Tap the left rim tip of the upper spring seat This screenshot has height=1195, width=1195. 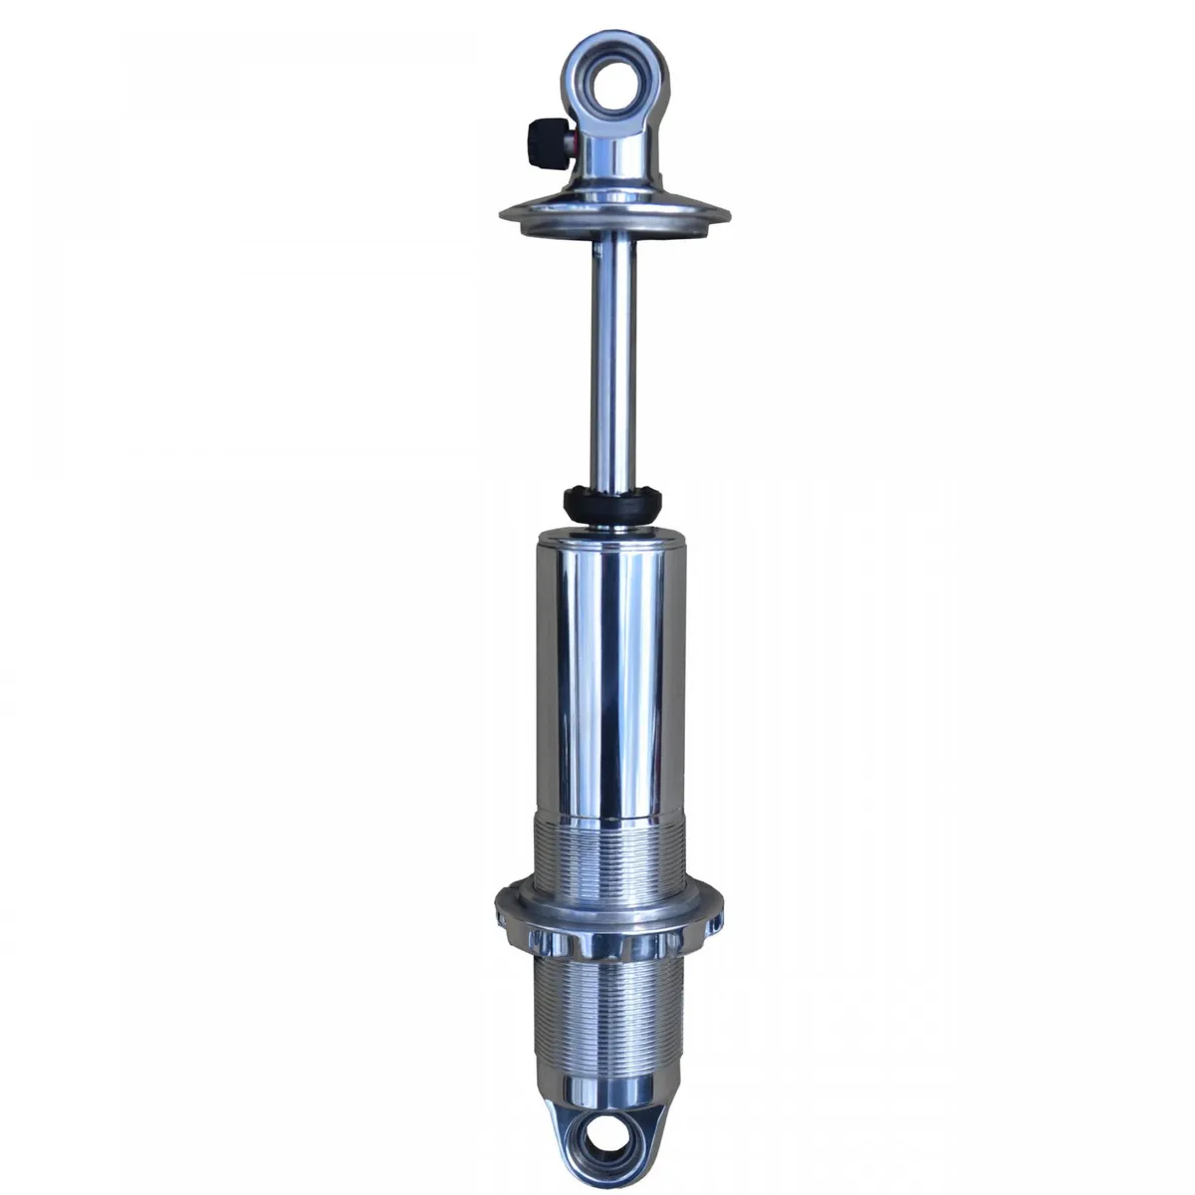click(x=503, y=212)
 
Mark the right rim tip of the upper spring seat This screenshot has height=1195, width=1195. click(x=730, y=212)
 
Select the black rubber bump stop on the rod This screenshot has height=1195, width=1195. click(x=611, y=503)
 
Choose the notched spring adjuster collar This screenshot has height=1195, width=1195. click(x=609, y=916)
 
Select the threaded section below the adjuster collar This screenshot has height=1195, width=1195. click(x=609, y=1006)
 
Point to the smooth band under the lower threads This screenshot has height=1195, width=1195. click(x=609, y=1080)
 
